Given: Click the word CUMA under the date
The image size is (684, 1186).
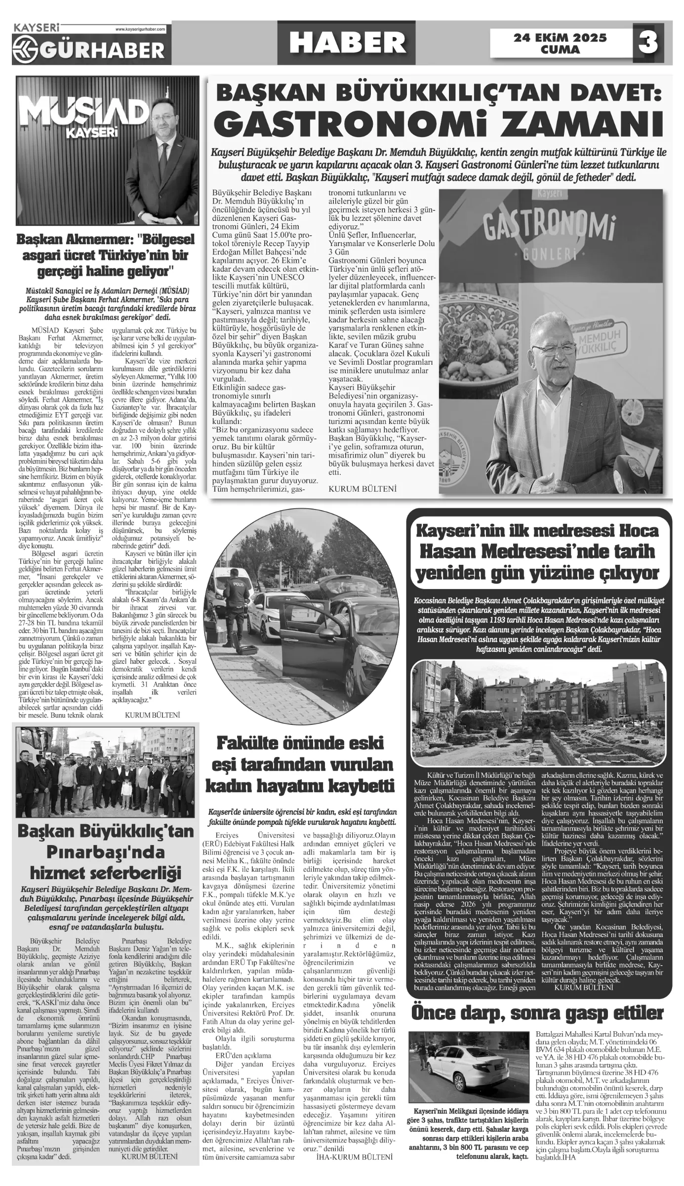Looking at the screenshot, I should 560,50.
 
